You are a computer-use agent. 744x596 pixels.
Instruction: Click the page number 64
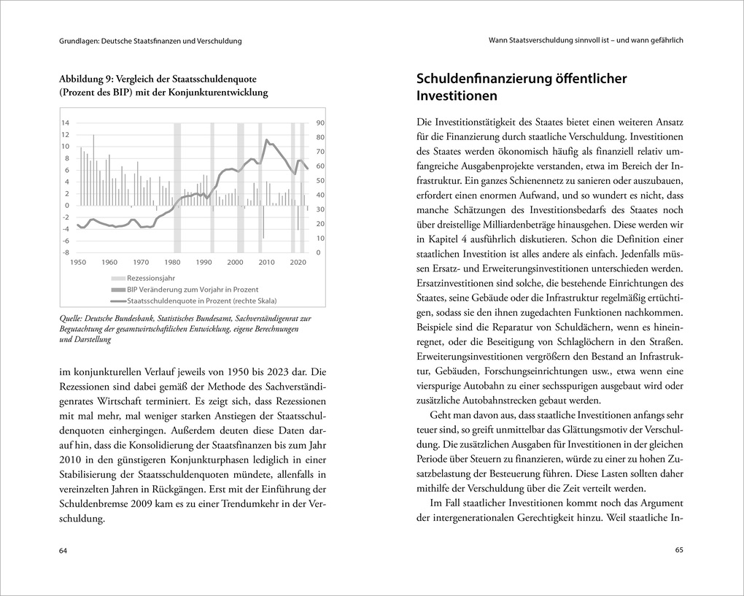pos(63,550)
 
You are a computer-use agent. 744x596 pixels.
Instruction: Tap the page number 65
pos(678,550)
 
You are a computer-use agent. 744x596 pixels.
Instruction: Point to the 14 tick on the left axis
pos(65,123)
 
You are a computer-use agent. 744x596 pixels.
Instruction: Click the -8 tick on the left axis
pos(65,252)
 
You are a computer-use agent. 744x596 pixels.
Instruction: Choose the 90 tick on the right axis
pos(320,123)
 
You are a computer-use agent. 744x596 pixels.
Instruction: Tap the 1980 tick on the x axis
pos(172,262)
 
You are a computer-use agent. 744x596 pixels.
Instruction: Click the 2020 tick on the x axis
pos(298,262)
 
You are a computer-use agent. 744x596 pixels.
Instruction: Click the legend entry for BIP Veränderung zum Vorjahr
pos(192,289)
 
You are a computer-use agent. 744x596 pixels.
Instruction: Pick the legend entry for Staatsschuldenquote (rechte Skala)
pos(202,300)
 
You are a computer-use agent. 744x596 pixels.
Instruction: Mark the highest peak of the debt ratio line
pos(267,139)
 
